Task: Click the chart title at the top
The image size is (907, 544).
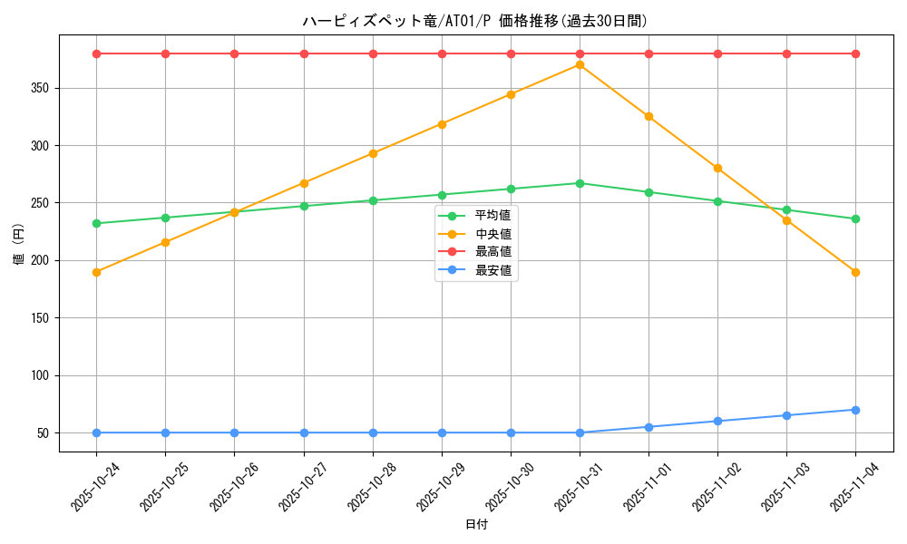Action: pos(474,21)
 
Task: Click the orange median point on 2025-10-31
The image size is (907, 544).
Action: pos(580,64)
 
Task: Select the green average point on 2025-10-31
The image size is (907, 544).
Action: pos(580,183)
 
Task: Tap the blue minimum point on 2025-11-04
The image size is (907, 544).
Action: pos(855,410)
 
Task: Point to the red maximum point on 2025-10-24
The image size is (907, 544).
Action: pos(96,53)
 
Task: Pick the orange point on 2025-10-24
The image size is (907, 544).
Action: pos(96,272)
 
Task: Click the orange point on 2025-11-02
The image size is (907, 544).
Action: pos(717,168)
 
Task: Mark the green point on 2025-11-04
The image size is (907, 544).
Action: pos(855,219)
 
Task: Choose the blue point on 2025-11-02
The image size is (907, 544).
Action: pos(717,421)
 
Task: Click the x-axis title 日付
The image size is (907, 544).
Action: pos(475,525)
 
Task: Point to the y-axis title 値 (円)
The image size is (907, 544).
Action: pos(18,245)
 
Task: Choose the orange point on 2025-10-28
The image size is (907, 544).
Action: pos(373,153)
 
